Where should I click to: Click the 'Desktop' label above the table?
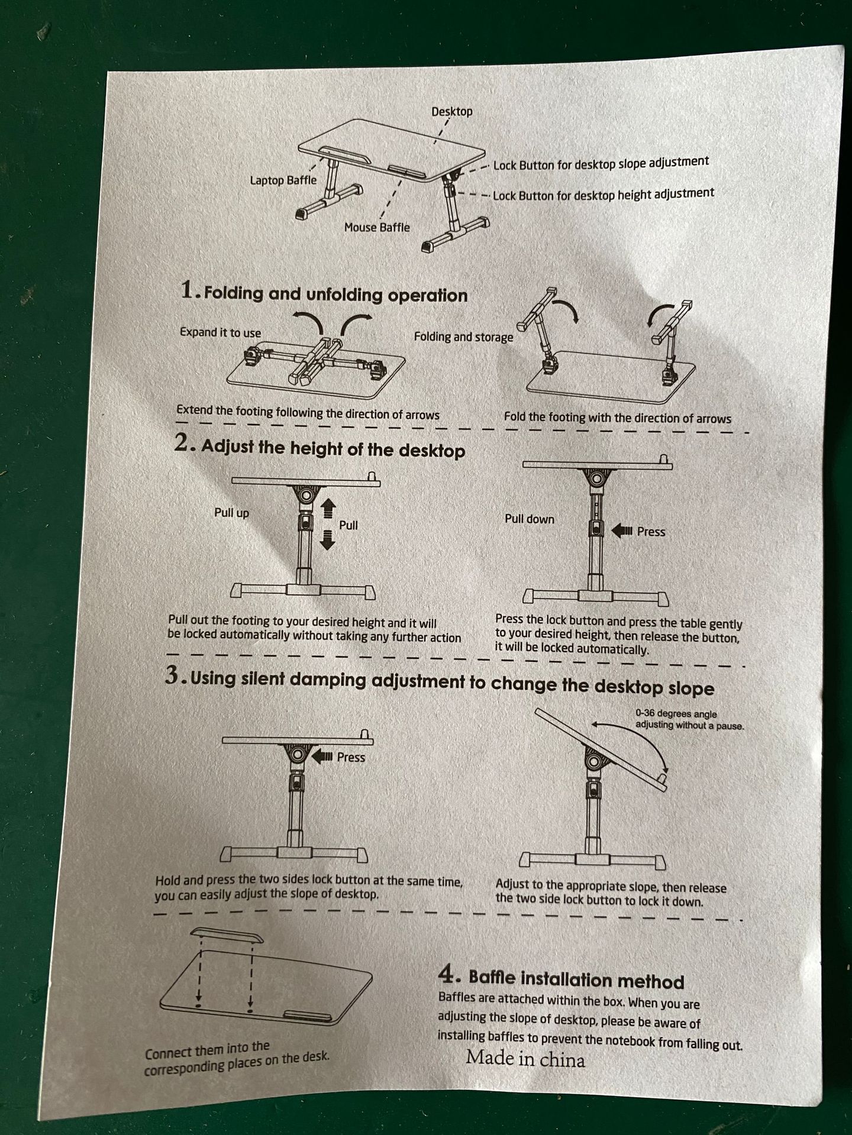(x=451, y=111)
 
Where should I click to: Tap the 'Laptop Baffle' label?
(x=283, y=180)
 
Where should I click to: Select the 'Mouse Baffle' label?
(x=377, y=227)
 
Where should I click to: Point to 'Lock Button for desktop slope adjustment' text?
(x=601, y=163)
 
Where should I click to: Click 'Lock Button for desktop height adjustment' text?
(x=603, y=194)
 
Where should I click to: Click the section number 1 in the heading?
(x=188, y=290)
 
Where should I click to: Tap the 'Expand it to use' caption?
(x=220, y=332)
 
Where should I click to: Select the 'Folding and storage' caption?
(x=463, y=337)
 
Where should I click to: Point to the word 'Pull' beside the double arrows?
(x=348, y=525)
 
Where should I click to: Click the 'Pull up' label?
(x=231, y=513)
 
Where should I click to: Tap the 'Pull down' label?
(x=530, y=519)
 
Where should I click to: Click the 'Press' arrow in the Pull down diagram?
(x=622, y=531)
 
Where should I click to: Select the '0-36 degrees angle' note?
(x=676, y=714)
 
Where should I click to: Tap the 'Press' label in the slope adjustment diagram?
(x=351, y=757)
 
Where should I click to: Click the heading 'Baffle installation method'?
(x=576, y=981)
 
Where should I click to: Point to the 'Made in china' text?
(x=525, y=1058)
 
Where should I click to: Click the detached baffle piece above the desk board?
(x=227, y=935)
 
